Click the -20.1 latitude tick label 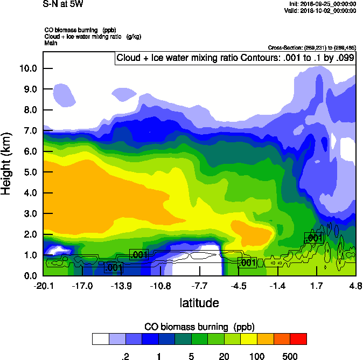coord(43,286)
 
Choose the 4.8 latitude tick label coord(355,286)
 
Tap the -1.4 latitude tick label coord(277,286)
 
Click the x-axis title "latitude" coord(199,303)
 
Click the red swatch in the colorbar coord(298,338)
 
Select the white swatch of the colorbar coord(100,338)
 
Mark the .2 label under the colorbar coord(125,356)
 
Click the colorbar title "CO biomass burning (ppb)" coord(199,327)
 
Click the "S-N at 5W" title coord(63,4)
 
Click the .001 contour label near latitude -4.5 coord(247,262)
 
